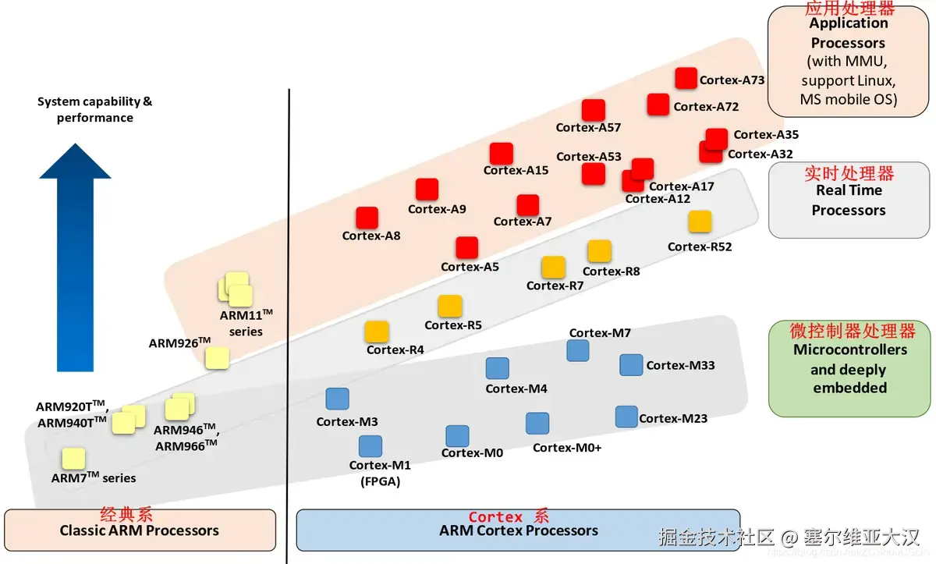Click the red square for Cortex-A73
click(686, 78)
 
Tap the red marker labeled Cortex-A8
click(367, 218)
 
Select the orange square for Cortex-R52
click(700, 222)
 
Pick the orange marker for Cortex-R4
click(377, 332)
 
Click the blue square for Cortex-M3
click(337, 399)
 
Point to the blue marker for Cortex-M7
click(578, 350)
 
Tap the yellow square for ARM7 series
click(73, 459)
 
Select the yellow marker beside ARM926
click(217, 357)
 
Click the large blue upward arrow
click(75, 257)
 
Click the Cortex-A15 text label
click(516, 170)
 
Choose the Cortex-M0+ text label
click(567, 448)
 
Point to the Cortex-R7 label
click(555, 286)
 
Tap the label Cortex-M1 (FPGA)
click(380, 474)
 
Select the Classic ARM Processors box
click(140, 530)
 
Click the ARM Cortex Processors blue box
click(518, 530)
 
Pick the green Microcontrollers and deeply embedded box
click(849, 369)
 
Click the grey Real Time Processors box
click(849, 200)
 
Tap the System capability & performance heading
click(94, 110)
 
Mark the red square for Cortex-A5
click(467, 247)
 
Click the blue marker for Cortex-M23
click(626, 417)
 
